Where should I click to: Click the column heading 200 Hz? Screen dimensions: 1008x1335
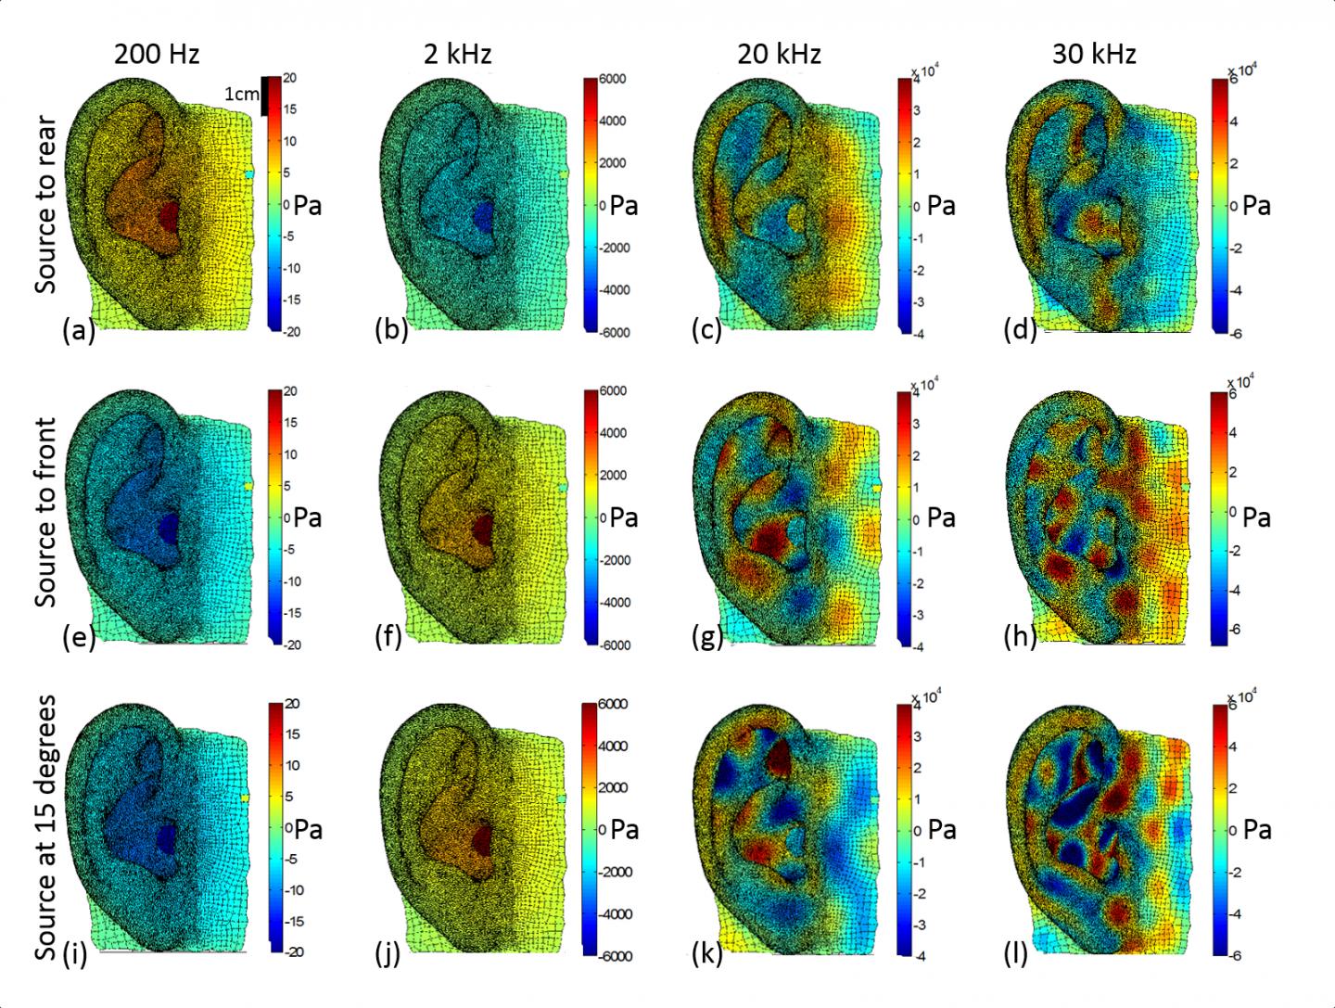pyautogui.click(x=157, y=55)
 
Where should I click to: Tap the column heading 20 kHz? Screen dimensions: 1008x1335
pyautogui.click(x=779, y=55)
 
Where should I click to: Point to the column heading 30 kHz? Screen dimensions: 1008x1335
pyautogui.click(x=1094, y=55)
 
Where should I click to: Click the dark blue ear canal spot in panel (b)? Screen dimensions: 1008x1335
pyautogui.click(x=484, y=215)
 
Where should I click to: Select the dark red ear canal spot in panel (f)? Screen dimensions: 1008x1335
pyautogui.click(x=484, y=529)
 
